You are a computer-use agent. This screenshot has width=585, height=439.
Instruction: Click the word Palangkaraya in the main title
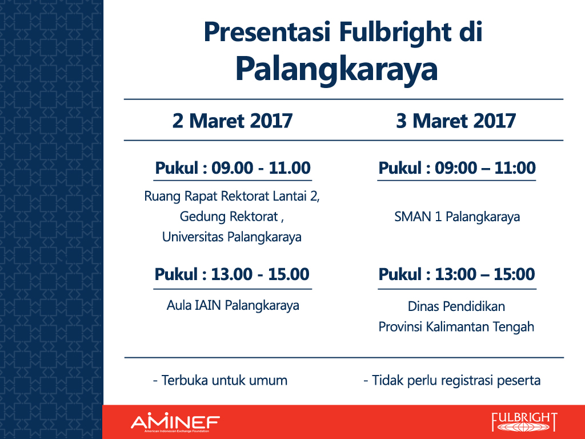(336, 70)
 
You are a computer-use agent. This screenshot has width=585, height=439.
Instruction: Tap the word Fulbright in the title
(395, 33)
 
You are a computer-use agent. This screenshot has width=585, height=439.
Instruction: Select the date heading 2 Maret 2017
(233, 121)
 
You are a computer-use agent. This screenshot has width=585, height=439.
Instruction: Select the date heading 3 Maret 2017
(456, 121)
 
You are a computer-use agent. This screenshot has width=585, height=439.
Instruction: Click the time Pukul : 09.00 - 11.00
(233, 167)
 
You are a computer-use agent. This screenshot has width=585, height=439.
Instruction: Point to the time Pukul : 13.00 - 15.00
(232, 274)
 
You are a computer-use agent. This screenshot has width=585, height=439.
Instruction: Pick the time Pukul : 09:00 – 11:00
(457, 167)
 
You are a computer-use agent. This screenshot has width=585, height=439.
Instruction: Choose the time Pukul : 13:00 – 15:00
(457, 274)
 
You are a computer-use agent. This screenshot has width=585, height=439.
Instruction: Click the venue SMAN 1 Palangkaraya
(457, 217)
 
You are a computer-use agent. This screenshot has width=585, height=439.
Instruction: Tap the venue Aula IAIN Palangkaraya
(233, 306)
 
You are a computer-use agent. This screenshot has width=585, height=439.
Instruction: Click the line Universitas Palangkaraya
(232, 237)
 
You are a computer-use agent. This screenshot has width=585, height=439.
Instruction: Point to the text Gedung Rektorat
(229, 217)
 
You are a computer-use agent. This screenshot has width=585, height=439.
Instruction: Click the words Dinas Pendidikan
(456, 306)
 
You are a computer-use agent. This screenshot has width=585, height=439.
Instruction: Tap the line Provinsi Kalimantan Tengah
(456, 327)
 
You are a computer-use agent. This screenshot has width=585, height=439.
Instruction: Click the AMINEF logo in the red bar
(175, 422)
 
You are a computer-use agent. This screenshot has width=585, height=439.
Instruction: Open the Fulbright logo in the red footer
(524, 422)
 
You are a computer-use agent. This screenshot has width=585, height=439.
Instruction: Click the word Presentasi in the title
(267, 32)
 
